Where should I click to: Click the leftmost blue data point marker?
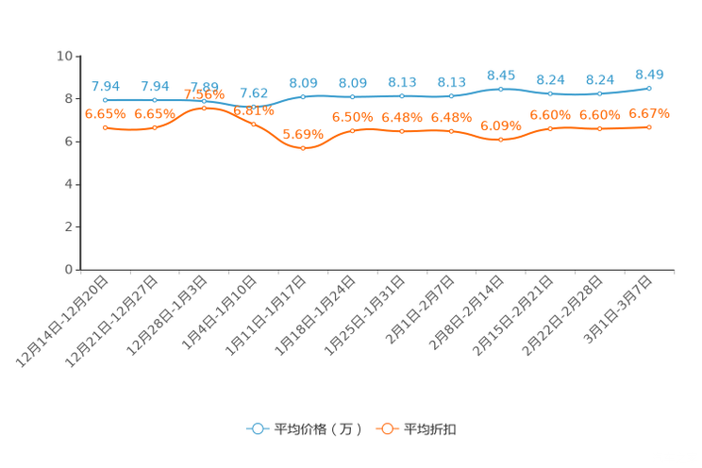point(105,99)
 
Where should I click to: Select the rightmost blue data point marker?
point(649,88)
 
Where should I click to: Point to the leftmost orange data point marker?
point(105,127)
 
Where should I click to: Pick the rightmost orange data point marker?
point(649,126)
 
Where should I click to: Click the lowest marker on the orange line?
point(303,149)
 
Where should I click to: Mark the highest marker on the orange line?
point(204,108)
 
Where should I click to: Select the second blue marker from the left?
point(155,99)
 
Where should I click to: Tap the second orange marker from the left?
point(155,127)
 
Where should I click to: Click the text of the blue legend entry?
point(317,429)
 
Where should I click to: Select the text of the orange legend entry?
point(431,429)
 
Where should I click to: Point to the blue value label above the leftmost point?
point(105,86)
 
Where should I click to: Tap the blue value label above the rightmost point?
point(649,74)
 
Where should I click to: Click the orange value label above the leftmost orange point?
point(105,113)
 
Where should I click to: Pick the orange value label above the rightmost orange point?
point(649,113)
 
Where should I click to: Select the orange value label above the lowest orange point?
point(303,134)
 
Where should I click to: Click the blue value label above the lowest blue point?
point(253,92)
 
